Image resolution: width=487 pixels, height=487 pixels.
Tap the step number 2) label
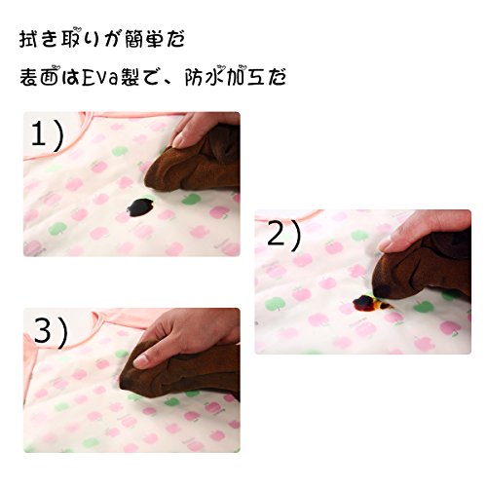pyautogui.click(x=283, y=235)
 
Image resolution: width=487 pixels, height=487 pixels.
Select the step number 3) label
pyautogui.click(x=51, y=332)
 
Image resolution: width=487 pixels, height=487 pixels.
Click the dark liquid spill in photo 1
pyautogui.click(x=140, y=206)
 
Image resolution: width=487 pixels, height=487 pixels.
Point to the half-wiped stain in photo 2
pyautogui.click(x=371, y=303)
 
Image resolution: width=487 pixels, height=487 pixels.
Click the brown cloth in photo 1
pyautogui.click(x=195, y=163)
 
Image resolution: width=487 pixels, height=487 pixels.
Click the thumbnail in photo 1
pyautogui.click(x=179, y=141)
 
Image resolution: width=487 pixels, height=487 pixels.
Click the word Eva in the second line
pyautogui.click(x=99, y=78)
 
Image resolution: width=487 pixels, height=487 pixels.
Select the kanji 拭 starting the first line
pyautogui.click(x=28, y=40)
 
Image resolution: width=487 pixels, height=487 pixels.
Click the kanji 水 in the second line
pyautogui.click(x=216, y=78)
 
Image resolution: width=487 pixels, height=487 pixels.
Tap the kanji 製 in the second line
pyautogui.click(x=131, y=78)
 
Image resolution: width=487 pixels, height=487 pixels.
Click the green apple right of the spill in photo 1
pyautogui.click(x=191, y=199)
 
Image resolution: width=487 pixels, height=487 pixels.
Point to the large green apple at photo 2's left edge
pyautogui.click(x=275, y=304)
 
